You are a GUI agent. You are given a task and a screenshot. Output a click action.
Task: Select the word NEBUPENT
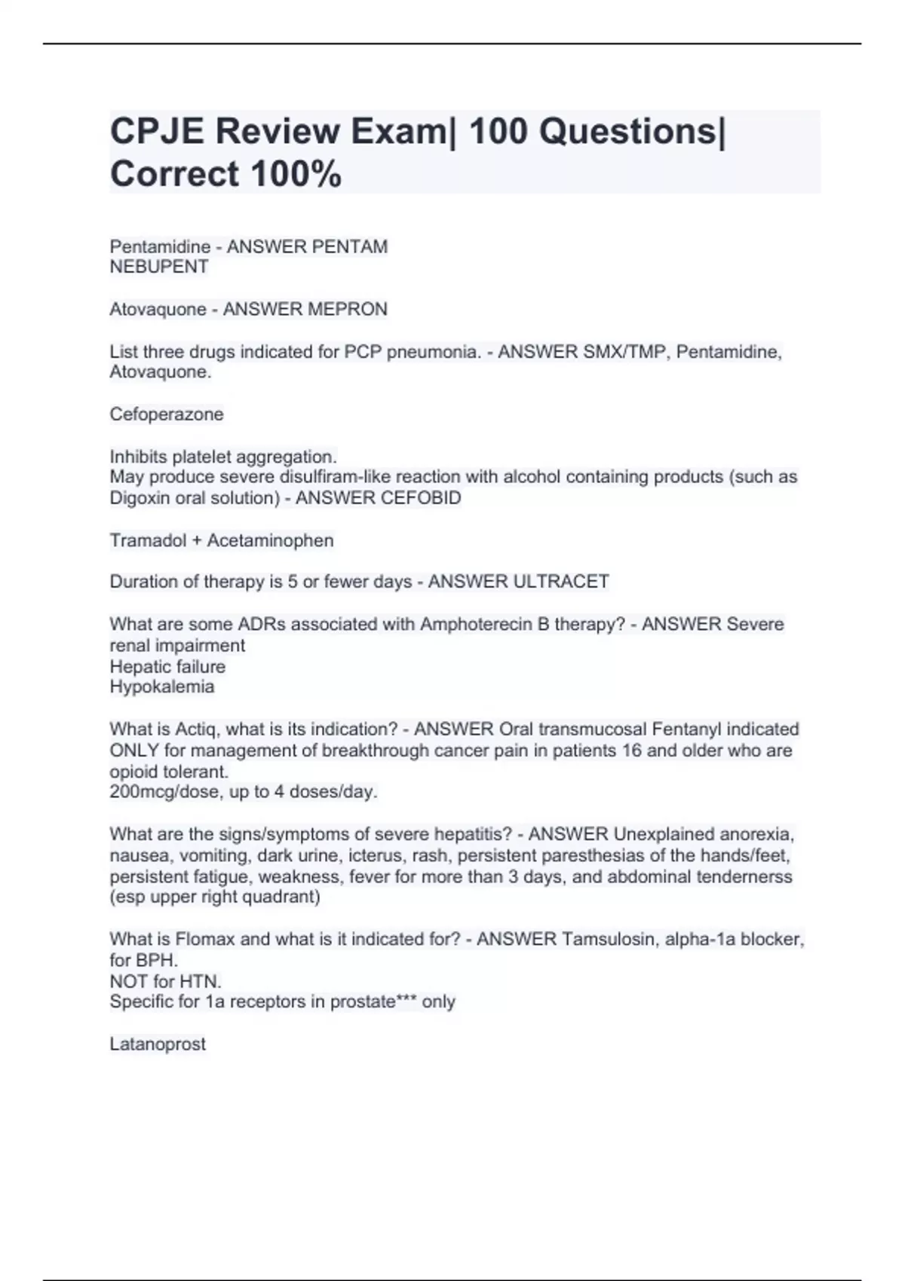point(159,267)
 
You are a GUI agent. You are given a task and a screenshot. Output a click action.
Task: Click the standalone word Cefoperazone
point(167,414)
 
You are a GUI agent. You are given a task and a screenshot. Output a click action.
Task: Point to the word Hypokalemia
point(162,686)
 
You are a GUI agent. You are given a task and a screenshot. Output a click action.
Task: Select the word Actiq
point(195,729)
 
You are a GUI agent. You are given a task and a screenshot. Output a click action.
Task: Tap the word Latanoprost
point(158,1044)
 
